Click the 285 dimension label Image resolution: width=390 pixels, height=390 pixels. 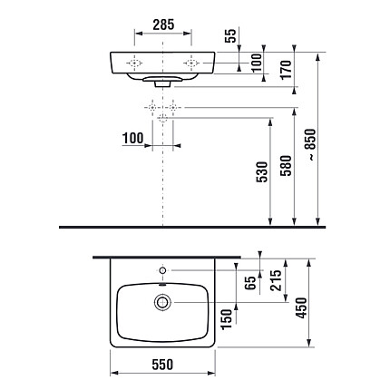pos(163,24)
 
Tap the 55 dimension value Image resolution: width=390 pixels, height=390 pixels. pos(230,36)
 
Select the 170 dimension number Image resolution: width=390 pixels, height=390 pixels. pos(286,70)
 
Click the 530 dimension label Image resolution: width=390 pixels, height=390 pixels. pos(262,172)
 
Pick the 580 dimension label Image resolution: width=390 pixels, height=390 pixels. pos(286,166)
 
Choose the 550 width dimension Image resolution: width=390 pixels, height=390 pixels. pos(162,365)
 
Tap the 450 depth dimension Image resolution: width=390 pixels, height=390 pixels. pos(301,307)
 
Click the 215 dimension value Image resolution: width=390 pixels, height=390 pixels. pos(276,280)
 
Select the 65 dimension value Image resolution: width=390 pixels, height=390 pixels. pos(250,283)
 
